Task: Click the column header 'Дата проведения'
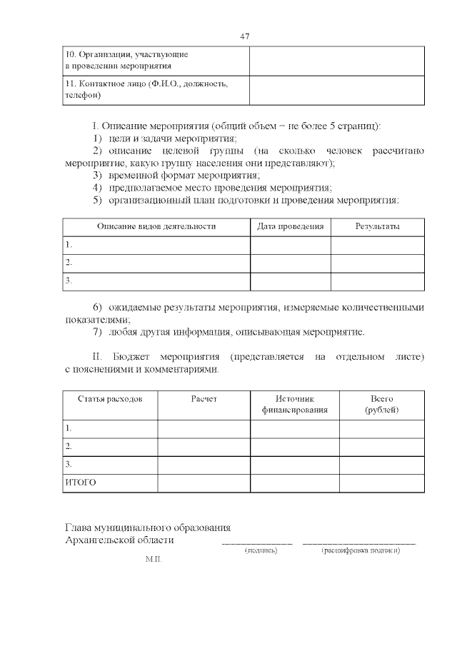(x=290, y=226)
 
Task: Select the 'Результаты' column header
(x=377, y=226)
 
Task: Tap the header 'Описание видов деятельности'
(x=156, y=226)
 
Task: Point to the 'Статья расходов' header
(x=110, y=398)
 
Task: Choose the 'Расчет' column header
(x=204, y=398)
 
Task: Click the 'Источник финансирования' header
(x=294, y=404)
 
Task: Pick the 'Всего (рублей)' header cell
(x=381, y=404)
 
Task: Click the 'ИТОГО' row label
(x=81, y=483)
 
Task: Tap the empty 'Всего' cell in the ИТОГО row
(x=381, y=483)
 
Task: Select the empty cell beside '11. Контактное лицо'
(x=336, y=90)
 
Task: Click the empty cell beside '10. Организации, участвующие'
(x=336, y=61)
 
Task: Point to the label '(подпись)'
(x=261, y=551)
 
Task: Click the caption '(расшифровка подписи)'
(x=361, y=551)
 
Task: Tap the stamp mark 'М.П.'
(x=154, y=561)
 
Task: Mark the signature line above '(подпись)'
(x=258, y=544)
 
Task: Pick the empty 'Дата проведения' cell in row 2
(x=290, y=263)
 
